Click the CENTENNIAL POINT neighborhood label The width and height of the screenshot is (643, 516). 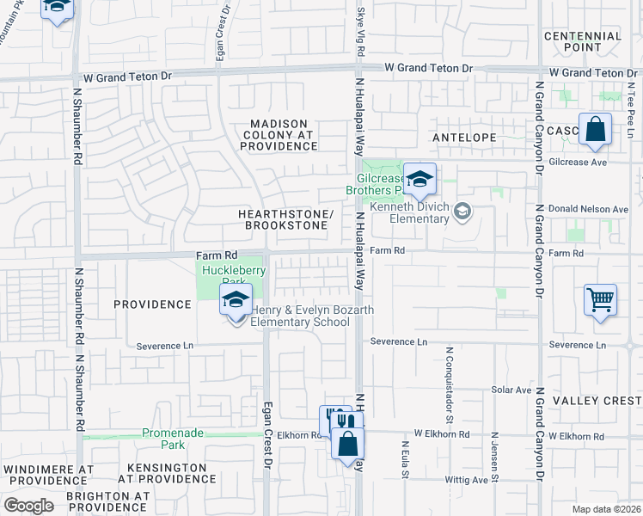[x=583, y=42]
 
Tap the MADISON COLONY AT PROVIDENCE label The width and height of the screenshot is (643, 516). [x=280, y=135]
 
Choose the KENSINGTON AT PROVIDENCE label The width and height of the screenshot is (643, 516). [x=167, y=474]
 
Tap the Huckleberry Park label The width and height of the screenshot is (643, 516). [x=233, y=275]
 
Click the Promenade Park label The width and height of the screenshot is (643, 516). [x=173, y=439]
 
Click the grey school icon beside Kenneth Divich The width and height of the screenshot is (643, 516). [x=462, y=211]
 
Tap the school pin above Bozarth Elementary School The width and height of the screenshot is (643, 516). [x=235, y=301]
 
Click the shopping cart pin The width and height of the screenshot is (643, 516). [x=600, y=300]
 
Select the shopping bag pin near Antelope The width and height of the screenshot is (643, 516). [x=595, y=131]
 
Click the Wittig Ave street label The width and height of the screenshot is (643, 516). [x=467, y=480]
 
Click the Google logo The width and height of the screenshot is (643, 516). [x=29, y=506]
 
